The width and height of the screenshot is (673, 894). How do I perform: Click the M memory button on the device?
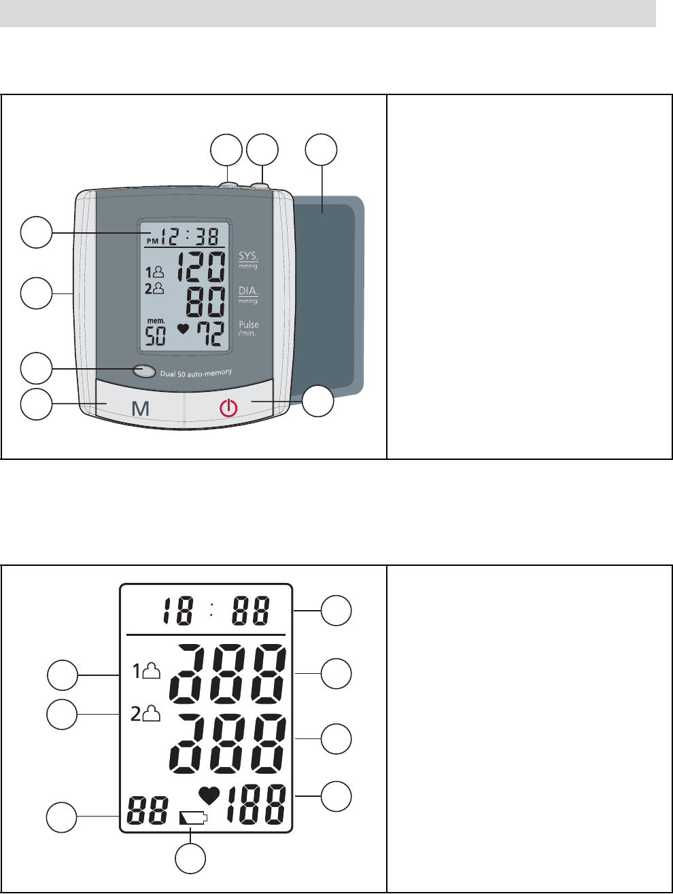[140, 408]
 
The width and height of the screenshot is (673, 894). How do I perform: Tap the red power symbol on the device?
[228, 408]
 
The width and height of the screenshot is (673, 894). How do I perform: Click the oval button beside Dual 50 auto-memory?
[144, 371]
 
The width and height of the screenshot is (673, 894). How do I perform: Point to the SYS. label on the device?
[248, 257]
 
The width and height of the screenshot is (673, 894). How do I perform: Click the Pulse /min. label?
[249, 328]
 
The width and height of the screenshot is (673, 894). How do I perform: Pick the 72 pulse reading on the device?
[209, 334]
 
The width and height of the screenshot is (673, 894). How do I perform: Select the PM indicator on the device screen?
[152, 240]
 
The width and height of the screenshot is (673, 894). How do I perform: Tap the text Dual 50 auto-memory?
[196, 373]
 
